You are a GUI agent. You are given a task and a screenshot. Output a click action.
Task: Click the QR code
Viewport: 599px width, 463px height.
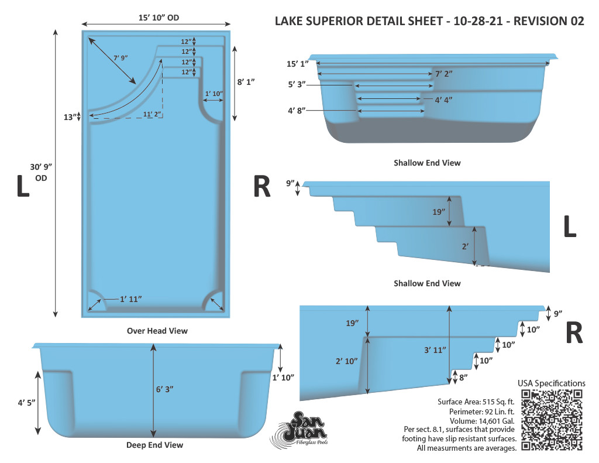pyautogui.click(x=552, y=420)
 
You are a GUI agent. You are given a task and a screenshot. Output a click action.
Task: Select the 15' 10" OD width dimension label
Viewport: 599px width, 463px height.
pyautogui.click(x=159, y=18)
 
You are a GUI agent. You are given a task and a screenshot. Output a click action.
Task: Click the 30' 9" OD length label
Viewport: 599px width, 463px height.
pyautogui.click(x=41, y=173)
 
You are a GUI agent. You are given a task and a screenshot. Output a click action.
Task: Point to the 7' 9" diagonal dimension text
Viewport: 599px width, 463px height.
pyautogui.click(x=121, y=58)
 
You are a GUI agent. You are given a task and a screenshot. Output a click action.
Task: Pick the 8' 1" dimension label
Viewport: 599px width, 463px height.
pyautogui.click(x=246, y=82)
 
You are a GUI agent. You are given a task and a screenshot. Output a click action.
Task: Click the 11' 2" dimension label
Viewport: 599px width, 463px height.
pyautogui.click(x=152, y=114)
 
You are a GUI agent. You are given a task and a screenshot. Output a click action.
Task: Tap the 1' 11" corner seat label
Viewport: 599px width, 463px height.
pyautogui.click(x=130, y=299)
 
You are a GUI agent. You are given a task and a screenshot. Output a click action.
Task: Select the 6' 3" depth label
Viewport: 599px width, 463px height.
pyautogui.click(x=164, y=389)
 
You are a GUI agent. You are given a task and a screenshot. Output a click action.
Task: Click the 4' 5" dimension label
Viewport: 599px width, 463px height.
pyautogui.click(x=26, y=403)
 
